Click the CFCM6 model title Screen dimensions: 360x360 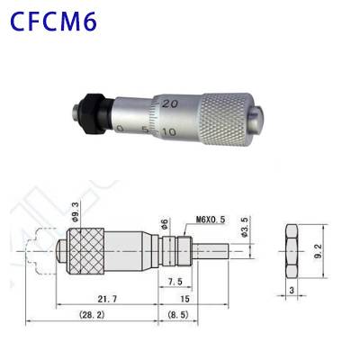pyautogui.click(x=56, y=22)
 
